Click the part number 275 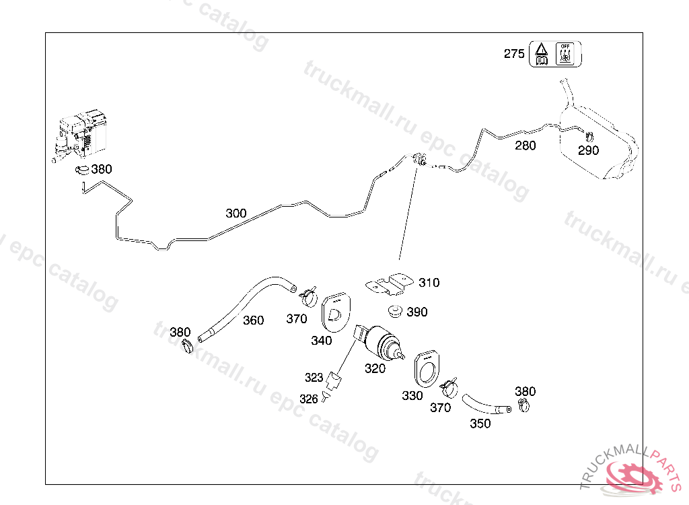514,54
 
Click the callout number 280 525,145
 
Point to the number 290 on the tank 588,150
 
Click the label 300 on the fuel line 235,213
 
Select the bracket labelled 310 392,283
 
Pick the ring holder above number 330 425,368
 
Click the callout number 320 375,368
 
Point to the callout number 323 314,378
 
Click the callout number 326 308,399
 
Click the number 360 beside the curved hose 253,321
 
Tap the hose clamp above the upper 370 308,294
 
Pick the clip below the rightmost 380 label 523,405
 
